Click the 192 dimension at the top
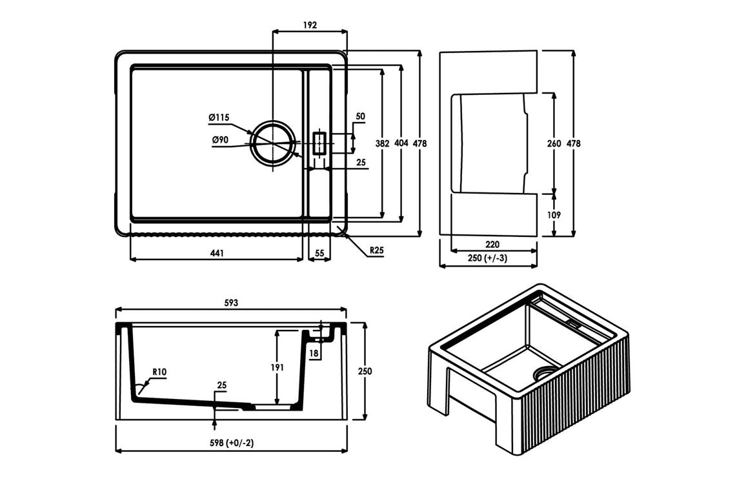pos(310,25)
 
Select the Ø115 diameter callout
pos(219,117)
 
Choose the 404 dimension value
pos(401,143)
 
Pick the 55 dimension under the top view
pos(319,254)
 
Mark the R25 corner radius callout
pos(377,250)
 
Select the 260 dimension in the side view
pos(554,143)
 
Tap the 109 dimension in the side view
pos(554,215)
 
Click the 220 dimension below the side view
pos(493,245)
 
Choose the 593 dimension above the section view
pos(231,302)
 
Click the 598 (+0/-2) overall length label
pos(232,443)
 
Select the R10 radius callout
pos(160,372)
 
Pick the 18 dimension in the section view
pos(314,353)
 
